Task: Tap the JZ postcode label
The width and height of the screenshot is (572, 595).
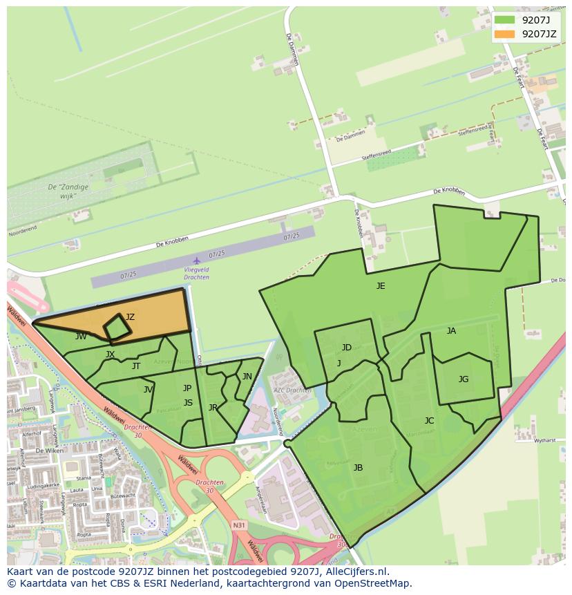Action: point(131,317)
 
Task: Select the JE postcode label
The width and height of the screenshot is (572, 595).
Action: point(381,285)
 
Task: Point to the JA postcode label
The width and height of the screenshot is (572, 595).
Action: point(451,331)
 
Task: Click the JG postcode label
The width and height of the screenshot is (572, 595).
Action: point(464,379)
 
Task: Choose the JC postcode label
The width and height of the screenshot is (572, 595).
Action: point(429,420)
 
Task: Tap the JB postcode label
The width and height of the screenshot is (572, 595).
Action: point(358,468)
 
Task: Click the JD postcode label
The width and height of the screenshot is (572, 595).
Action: point(346,348)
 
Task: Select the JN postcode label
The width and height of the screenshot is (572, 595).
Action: point(247,377)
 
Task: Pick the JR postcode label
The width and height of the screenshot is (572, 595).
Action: point(213,408)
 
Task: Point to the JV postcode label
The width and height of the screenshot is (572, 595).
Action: point(148,390)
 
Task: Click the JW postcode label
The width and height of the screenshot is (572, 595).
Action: point(82,337)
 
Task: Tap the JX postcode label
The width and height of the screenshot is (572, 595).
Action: point(111,355)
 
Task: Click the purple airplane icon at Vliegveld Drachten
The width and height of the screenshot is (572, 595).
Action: point(197,261)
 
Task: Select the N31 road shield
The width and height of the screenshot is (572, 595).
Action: point(239,526)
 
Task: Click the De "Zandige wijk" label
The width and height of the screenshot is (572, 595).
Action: point(61,191)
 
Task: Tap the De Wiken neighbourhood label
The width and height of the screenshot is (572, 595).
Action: point(49,450)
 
